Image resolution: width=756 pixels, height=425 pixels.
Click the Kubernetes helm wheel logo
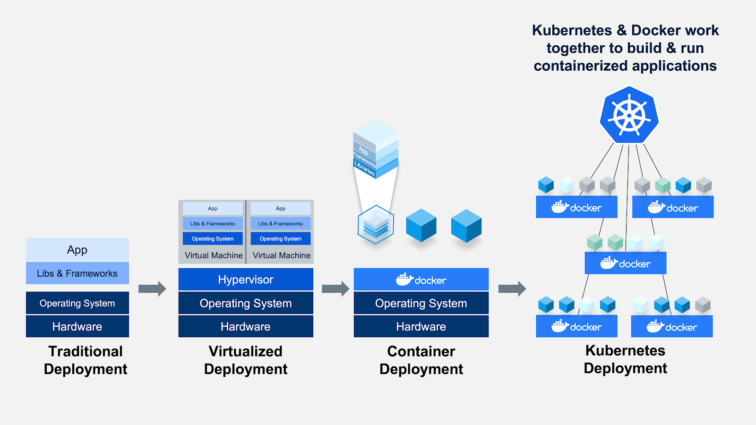[x=629, y=115]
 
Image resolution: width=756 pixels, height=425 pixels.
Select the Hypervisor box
[x=246, y=280]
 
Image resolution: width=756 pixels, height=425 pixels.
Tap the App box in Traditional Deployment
[x=77, y=249]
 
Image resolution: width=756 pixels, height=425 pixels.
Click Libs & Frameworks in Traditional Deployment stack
[x=77, y=273]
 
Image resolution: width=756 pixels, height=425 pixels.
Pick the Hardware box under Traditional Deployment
[x=77, y=326]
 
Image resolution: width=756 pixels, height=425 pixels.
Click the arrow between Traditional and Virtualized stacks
[x=152, y=289]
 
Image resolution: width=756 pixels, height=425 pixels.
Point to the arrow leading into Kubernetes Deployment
[x=512, y=289]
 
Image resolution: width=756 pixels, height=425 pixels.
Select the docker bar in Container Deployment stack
[x=421, y=280]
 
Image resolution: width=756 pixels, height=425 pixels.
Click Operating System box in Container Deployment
[x=421, y=303]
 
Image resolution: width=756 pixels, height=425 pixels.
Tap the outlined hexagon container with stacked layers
[x=376, y=225]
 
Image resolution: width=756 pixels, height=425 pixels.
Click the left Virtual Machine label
[x=214, y=255]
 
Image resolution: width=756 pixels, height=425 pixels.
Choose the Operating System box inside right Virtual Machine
[x=281, y=238]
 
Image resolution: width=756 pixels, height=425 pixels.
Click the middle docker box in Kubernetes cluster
[x=625, y=263]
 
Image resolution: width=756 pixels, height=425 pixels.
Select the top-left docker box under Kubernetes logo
[x=576, y=207]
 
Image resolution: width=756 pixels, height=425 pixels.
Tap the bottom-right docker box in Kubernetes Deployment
[x=672, y=327]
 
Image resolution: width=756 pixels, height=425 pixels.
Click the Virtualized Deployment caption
[x=246, y=360]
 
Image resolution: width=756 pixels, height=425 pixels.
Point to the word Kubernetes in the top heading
[x=572, y=30]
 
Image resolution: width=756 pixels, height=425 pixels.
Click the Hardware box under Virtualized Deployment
[x=246, y=326]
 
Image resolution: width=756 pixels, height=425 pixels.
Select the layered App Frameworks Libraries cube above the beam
[x=376, y=149]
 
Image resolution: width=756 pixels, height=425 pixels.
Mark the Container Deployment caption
[x=421, y=360]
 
